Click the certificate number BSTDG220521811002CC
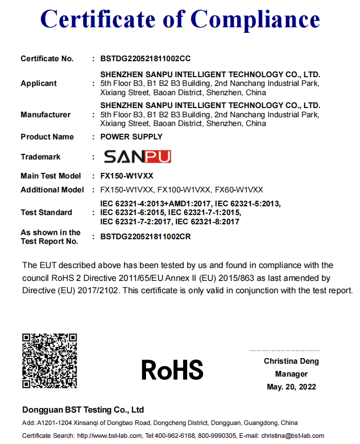point(146,59)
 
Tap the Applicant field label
point(39,83)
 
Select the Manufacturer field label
point(46,115)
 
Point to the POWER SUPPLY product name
point(132,137)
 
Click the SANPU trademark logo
point(137,157)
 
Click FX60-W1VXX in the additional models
point(239,190)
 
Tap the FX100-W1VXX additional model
point(184,190)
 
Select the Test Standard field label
point(46,212)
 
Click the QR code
point(49,361)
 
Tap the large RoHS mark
point(172,370)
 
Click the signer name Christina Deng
point(291,361)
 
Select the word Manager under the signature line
point(291,374)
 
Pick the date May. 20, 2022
point(291,387)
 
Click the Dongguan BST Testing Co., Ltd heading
point(83,410)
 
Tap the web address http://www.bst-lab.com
point(109,436)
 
